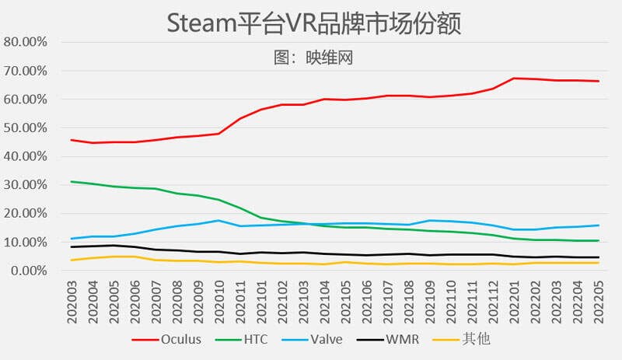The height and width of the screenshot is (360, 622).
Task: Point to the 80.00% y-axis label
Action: pos(27,42)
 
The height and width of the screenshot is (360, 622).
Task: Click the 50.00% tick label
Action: pos(27,128)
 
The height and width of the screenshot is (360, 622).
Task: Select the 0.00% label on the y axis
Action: pos(30,271)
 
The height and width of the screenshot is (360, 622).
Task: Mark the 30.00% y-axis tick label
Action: pos(27,185)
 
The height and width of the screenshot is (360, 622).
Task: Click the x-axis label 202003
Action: pos(72,299)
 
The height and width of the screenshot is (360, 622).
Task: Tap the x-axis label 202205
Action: pos(597,299)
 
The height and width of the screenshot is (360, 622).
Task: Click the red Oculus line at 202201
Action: pos(515,79)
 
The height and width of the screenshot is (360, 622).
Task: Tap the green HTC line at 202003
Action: pos(72,182)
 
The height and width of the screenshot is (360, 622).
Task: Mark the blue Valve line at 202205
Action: pos(597,225)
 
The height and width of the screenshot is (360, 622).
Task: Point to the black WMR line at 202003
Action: pos(72,246)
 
